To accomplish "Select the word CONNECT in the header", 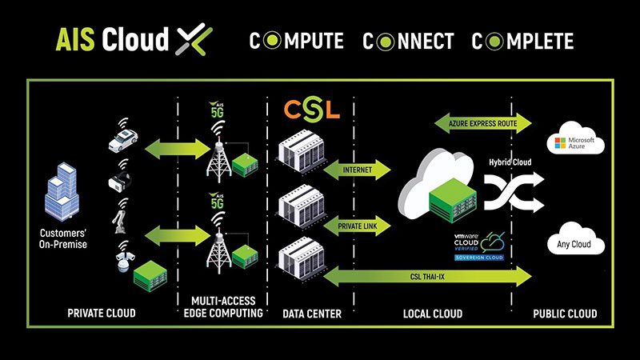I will [x=408, y=40].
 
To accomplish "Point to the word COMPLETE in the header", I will [x=522, y=40].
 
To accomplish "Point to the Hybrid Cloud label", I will [x=510, y=162].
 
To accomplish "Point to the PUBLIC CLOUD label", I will [x=565, y=314].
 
